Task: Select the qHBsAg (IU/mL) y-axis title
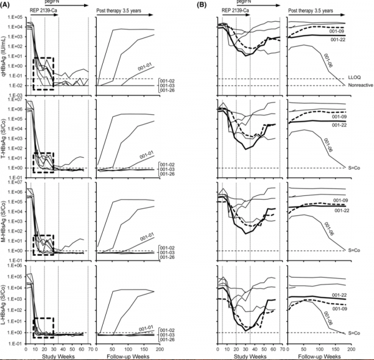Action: click(4, 54)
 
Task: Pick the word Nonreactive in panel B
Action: click(359, 85)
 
